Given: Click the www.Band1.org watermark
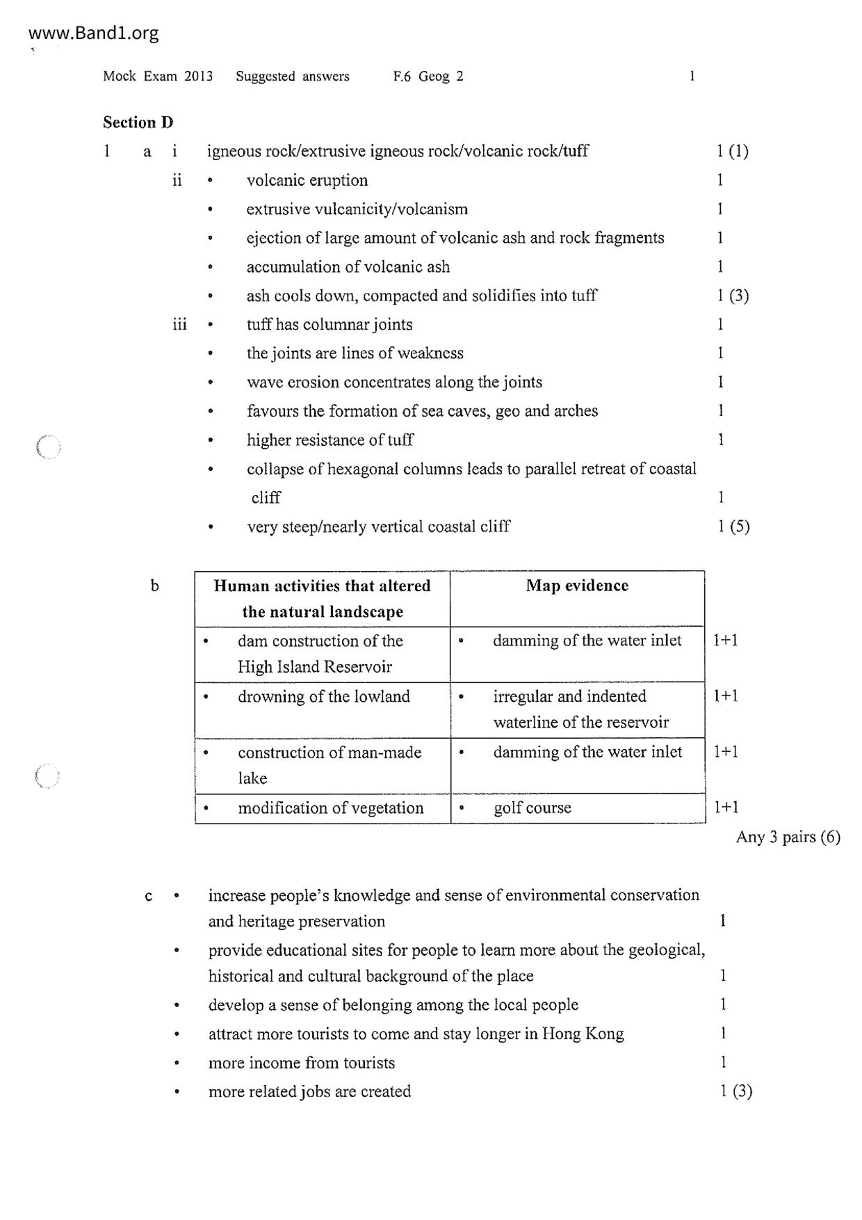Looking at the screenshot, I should [94, 33].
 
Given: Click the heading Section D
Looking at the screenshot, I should [138, 122].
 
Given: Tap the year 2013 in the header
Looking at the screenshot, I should [198, 77].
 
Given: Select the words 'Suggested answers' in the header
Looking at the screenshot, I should [292, 77].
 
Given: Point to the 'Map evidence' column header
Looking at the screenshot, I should [577, 586].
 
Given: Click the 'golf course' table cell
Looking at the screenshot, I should [532, 808].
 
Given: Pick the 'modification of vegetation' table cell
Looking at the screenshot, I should [330, 808].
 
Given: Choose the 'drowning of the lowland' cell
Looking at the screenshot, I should [324, 697].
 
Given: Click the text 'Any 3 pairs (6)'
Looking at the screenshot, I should [788, 837].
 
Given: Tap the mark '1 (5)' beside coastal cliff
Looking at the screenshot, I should [733, 527].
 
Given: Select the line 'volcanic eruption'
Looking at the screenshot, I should [307, 181].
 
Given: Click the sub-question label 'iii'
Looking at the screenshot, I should [179, 325].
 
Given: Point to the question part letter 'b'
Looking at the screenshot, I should [154, 586].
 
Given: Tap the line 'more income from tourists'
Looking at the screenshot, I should [301, 1063].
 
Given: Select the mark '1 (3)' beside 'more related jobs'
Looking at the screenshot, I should [735, 1091].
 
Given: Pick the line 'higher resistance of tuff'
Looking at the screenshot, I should [330, 440].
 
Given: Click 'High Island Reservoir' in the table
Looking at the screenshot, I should [314, 667].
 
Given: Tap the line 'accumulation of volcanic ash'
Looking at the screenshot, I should [348, 267].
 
